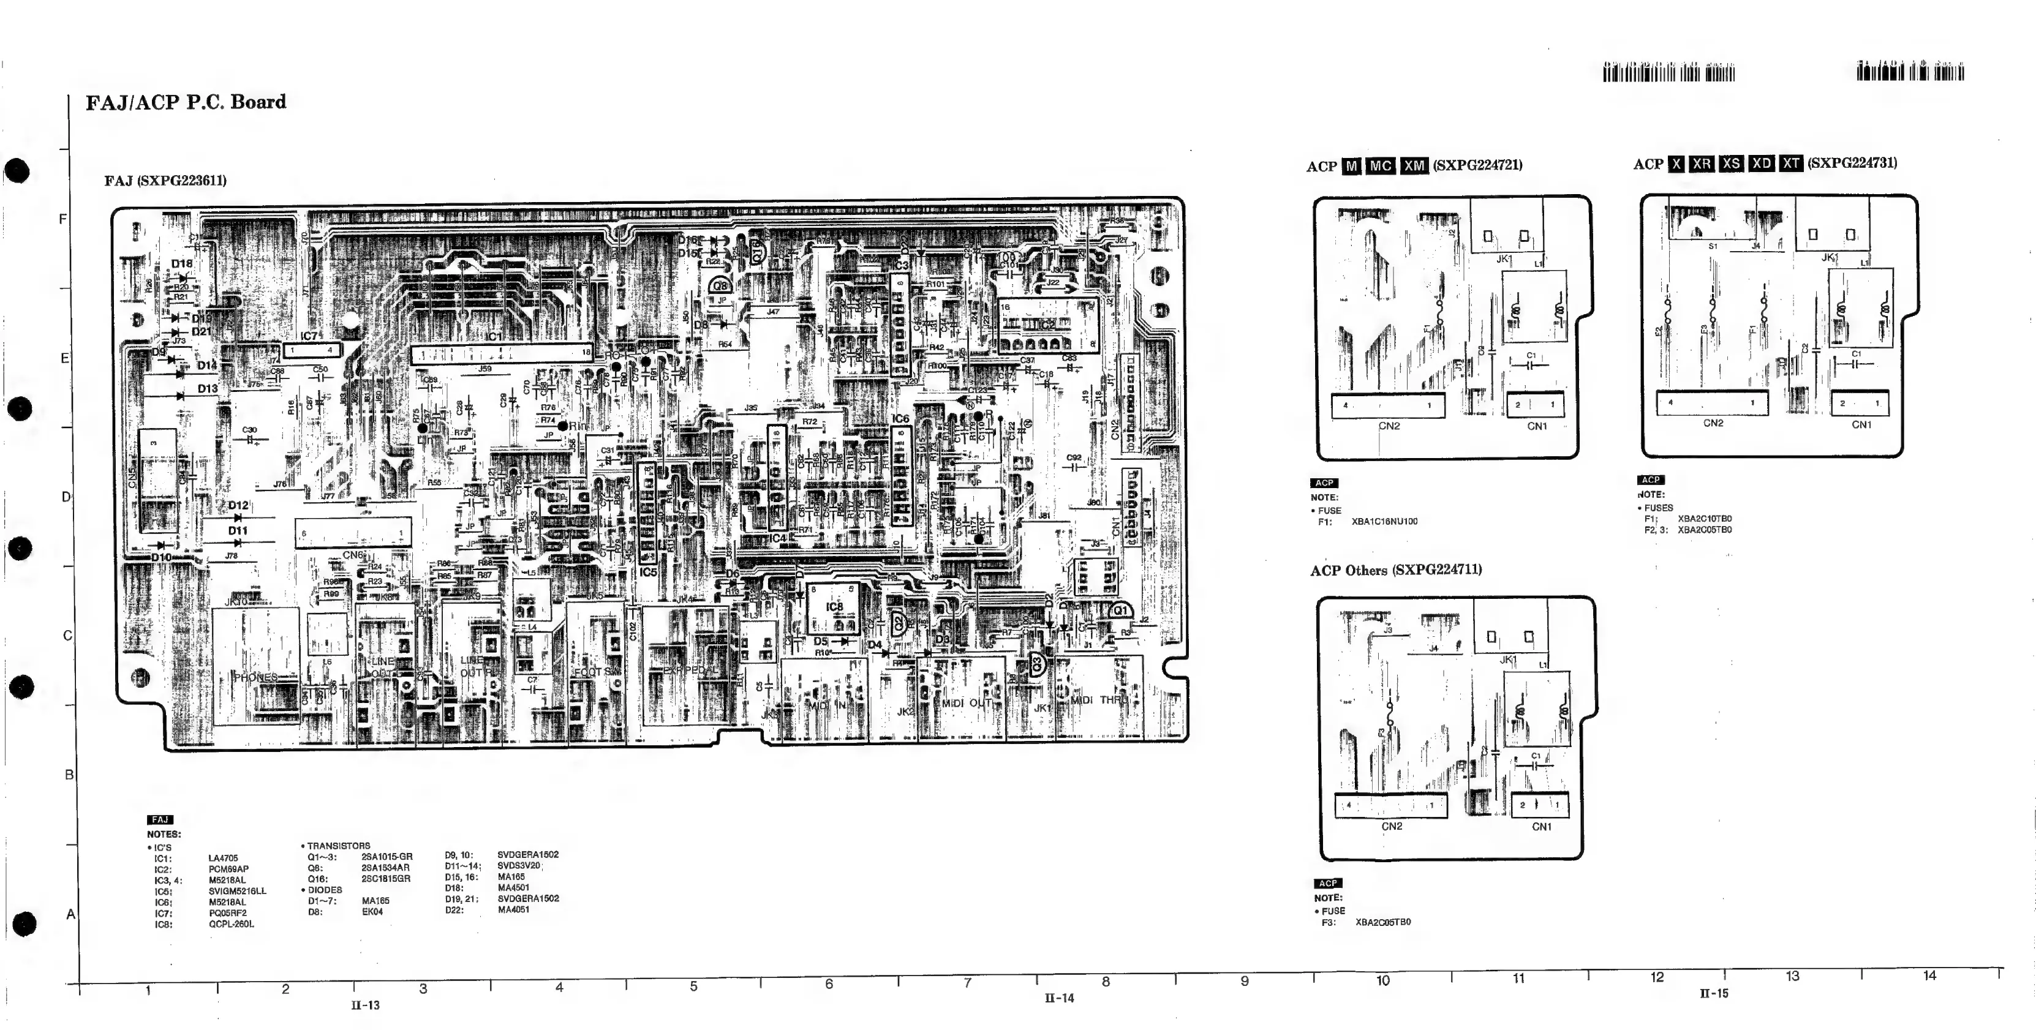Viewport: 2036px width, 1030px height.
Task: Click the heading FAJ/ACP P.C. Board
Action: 186,102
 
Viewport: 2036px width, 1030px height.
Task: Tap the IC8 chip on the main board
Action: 834,607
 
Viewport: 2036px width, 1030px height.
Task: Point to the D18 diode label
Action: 182,264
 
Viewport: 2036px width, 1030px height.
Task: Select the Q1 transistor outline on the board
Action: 1119,611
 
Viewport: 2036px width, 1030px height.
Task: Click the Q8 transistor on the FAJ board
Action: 719,286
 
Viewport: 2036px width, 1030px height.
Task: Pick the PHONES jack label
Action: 255,677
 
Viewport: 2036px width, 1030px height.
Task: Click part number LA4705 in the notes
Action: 223,859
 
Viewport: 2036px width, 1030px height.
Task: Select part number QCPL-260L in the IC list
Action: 231,924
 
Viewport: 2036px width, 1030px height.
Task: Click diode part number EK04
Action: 372,911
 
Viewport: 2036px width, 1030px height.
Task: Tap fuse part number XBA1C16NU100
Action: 1384,522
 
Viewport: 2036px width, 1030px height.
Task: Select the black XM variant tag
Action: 1414,166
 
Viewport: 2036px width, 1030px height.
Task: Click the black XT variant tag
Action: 1791,163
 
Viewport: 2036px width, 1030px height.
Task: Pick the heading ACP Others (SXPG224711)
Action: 1396,570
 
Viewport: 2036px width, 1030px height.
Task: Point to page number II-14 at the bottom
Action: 1059,998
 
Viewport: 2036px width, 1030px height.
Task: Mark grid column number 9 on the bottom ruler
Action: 1244,981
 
